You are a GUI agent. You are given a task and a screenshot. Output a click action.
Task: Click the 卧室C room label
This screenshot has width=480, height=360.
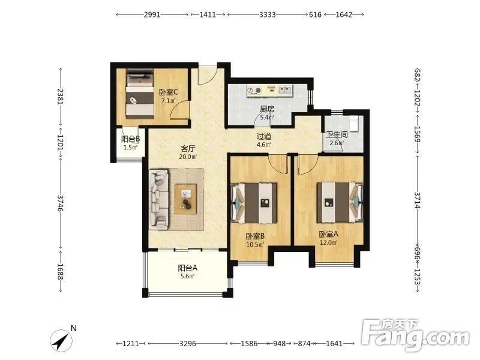point(169,92)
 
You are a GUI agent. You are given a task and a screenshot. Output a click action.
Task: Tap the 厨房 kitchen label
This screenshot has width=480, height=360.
point(267,109)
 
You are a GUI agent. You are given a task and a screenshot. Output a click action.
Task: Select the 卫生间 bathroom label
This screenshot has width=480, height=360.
point(337,134)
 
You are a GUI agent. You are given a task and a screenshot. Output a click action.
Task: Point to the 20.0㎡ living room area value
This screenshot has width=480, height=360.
point(188,157)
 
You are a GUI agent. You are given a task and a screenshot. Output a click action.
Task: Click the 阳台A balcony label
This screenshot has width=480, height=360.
point(188,268)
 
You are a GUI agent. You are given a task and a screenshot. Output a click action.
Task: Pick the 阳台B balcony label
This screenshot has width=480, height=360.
point(130,139)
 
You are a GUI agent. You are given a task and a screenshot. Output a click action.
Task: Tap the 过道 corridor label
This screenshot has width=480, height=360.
point(264,136)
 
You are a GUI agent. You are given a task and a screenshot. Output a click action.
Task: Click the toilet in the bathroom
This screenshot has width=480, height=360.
point(354,123)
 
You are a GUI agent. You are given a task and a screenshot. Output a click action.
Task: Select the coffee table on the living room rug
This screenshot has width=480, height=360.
point(186,199)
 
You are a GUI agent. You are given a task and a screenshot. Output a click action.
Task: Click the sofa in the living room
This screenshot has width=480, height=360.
point(159,200)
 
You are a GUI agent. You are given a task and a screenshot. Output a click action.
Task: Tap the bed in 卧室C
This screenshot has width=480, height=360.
point(140,94)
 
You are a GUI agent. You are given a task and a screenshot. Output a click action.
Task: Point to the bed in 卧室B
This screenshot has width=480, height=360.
point(254,203)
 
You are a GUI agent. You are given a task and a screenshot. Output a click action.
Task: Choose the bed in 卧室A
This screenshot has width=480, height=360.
point(340,203)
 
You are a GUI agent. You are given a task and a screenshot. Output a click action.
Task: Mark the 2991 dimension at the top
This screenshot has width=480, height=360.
point(152,14)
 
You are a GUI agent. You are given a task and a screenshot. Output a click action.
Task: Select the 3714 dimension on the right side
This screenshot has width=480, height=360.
point(417,200)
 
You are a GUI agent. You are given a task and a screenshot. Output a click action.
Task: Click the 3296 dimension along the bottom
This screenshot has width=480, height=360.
point(188,343)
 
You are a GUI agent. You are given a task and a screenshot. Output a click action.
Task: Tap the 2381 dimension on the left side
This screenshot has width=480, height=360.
point(61,97)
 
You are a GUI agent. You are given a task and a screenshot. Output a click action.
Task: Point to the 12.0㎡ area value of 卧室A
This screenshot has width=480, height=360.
point(328,243)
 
